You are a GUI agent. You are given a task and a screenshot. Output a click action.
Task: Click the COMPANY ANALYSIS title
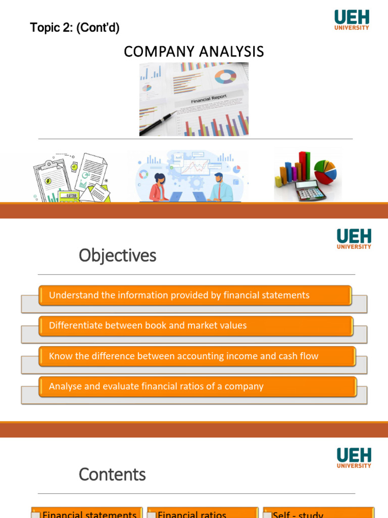(x=194, y=52)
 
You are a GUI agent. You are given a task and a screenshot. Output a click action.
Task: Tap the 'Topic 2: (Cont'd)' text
(x=75, y=28)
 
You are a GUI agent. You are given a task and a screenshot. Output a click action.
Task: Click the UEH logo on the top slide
(x=352, y=20)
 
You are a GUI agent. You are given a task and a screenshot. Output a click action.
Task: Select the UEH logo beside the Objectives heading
(x=354, y=239)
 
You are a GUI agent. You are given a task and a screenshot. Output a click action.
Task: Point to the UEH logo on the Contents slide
(x=354, y=457)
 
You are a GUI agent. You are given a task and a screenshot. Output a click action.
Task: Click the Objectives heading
(x=117, y=256)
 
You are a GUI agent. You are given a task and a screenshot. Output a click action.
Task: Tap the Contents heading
(x=112, y=474)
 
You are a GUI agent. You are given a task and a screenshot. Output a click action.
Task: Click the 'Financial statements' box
(x=86, y=512)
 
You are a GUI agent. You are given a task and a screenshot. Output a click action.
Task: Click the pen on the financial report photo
(x=158, y=122)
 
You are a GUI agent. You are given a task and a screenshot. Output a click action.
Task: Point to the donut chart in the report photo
(x=225, y=77)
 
